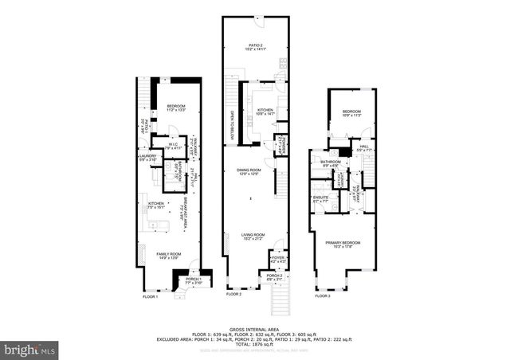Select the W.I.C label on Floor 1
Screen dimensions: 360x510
[173, 147]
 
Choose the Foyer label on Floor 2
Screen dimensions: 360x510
[277, 258]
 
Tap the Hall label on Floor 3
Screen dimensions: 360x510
[363, 147]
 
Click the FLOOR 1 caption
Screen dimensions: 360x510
[151, 296]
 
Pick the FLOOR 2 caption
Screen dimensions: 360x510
[233, 295]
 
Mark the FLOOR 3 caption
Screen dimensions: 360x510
[322, 295]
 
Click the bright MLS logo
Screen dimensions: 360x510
[30, 349]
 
